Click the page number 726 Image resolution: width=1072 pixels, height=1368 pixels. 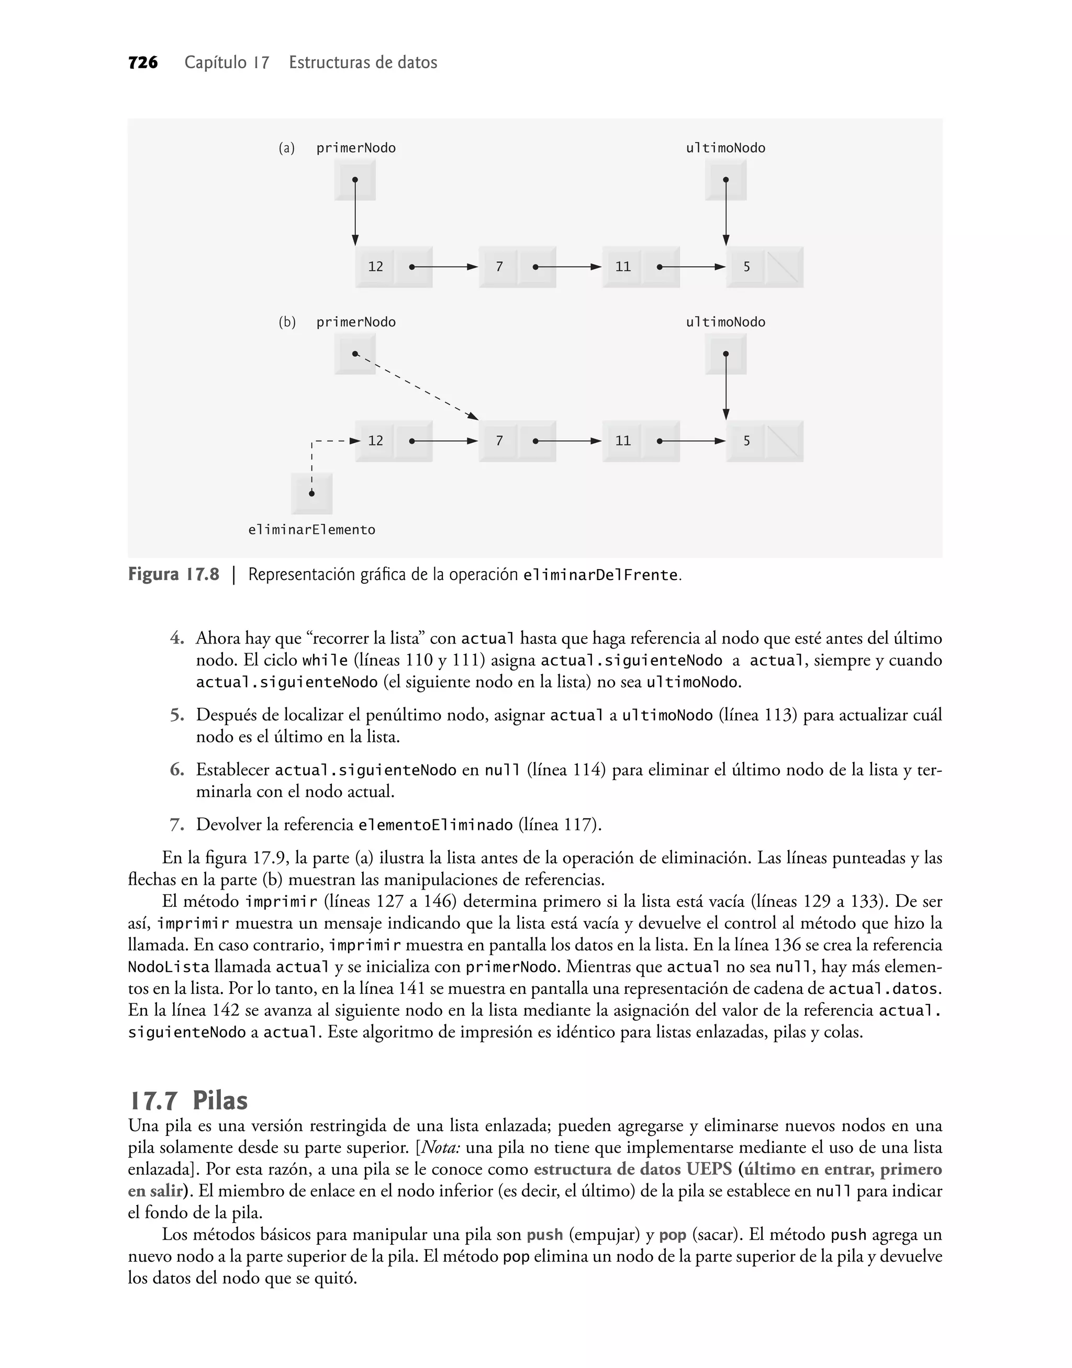click(142, 62)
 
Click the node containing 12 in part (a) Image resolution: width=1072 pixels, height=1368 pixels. click(394, 267)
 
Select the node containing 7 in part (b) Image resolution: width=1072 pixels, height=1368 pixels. click(517, 441)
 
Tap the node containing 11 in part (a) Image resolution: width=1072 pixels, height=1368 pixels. click(641, 267)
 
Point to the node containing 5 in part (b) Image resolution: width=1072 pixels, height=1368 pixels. click(764, 441)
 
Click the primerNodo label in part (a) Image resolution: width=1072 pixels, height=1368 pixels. click(356, 148)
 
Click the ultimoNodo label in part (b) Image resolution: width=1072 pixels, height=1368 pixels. click(725, 322)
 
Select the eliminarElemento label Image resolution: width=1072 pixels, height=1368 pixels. click(311, 530)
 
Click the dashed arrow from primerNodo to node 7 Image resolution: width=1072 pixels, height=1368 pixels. click(416, 386)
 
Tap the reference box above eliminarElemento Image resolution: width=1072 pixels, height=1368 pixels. click(311, 493)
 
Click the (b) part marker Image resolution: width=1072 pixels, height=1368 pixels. click(287, 322)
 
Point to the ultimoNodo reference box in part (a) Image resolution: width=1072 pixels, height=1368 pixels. click(725, 180)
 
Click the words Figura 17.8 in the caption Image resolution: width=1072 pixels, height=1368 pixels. click(174, 575)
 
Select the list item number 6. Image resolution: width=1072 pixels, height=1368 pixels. click(177, 770)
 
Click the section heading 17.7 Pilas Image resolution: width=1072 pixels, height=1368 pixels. click(188, 1100)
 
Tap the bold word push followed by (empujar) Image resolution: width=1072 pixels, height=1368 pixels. click(544, 1235)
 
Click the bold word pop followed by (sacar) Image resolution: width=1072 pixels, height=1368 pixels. click(672, 1235)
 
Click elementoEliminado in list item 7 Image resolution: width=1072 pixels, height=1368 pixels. click(435, 825)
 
